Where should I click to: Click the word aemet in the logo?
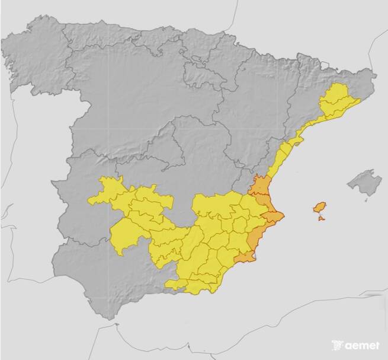360,345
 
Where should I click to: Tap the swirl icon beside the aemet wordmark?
337,345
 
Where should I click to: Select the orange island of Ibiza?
319,207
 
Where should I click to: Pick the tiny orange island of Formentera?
322,219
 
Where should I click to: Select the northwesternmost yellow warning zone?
107,190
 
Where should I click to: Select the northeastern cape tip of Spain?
374,75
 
